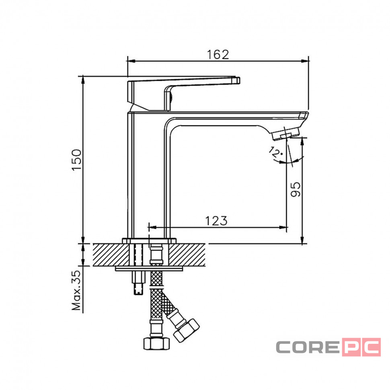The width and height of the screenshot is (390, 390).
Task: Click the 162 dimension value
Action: (x=218, y=55)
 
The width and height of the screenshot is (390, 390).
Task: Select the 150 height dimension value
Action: (x=77, y=160)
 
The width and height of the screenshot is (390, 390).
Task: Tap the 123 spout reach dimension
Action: (x=216, y=221)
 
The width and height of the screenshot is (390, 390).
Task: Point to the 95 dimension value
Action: (x=296, y=189)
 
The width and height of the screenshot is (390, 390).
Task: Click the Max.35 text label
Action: (x=76, y=290)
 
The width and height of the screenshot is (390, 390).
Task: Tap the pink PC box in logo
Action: (x=361, y=347)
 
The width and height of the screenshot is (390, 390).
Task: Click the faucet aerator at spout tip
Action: (x=285, y=134)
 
